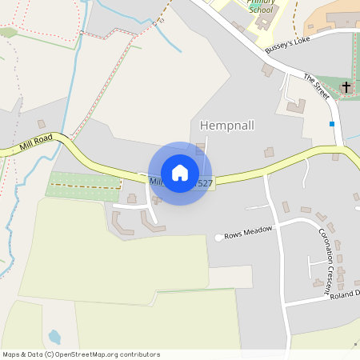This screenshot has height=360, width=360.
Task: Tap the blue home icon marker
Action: pyautogui.click(x=180, y=173)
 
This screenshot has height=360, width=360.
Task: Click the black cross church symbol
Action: pyautogui.click(x=346, y=86)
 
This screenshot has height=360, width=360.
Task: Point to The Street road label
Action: pyautogui.click(x=317, y=86)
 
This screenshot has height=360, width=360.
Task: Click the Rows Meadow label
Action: pyautogui.click(x=249, y=233)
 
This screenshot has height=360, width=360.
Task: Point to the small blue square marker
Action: pyautogui.click(x=331, y=124)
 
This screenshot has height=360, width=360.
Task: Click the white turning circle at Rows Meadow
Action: pyautogui.click(x=218, y=237)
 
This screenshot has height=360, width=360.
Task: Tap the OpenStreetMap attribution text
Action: pyautogui.click(x=81, y=354)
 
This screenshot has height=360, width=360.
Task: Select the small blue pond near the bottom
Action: pyautogui.click(x=54, y=337)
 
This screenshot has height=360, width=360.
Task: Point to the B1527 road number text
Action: pyautogui.click(x=203, y=184)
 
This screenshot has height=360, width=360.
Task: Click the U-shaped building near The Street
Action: pyautogui.click(x=295, y=105)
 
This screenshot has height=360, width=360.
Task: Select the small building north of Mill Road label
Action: pyautogui.click(x=41, y=124)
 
